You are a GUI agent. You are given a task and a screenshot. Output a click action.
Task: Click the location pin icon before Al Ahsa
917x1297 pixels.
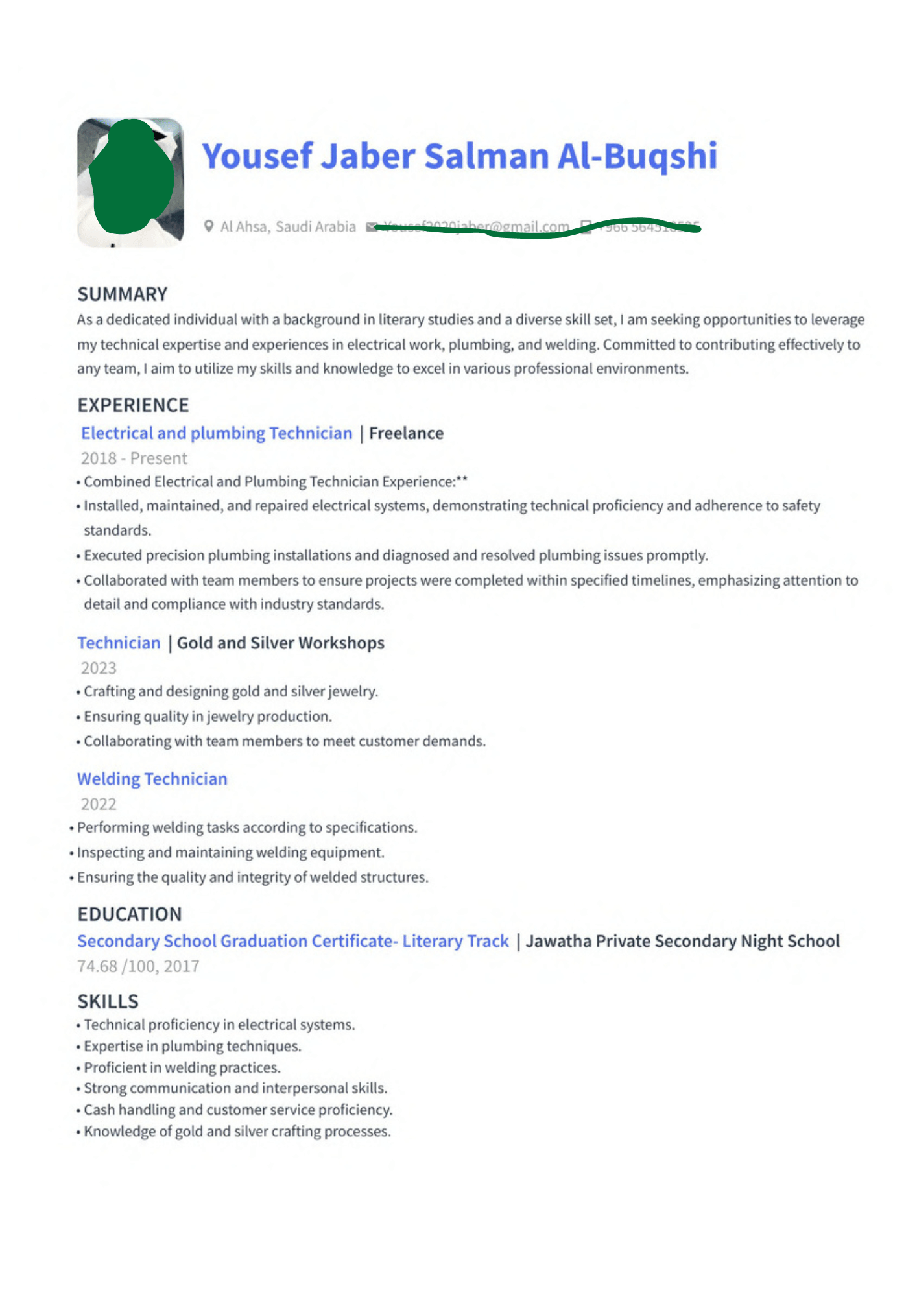[x=208, y=226]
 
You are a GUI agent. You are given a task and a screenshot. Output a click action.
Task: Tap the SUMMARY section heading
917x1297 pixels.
[x=123, y=294]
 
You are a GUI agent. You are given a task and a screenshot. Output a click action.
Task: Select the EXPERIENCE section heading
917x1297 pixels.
[x=133, y=405]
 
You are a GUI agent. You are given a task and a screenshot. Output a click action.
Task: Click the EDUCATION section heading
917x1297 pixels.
[x=130, y=914]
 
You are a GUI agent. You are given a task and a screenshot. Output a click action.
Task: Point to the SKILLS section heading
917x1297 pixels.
[x=108, y=1002]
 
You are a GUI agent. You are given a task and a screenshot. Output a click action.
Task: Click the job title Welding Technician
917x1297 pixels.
[x=152, y=779]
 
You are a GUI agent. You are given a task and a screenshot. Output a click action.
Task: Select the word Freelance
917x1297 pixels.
[x=406, y=433]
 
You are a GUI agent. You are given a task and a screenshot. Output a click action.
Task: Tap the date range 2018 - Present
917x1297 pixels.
[x=134, y=458]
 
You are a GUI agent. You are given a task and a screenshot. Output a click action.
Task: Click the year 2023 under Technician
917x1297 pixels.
[x=99, y=668]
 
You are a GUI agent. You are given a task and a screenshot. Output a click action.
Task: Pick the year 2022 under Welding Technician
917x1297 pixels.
[x=99, y=804]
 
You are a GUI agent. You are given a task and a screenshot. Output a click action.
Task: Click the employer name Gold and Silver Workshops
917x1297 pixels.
[x=280, y=643]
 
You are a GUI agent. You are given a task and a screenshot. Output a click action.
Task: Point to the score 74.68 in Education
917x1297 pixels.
[x=97, y=966]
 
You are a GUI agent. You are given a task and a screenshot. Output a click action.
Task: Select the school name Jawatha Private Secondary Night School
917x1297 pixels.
[x=682, y=941]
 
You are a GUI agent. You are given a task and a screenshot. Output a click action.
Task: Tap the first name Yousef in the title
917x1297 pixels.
[x=257, y=156]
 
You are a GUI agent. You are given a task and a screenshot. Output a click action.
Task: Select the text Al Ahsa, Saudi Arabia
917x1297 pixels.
[x=288, y=227]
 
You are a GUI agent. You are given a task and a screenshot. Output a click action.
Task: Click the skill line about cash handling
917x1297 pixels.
[x=238, y=1110]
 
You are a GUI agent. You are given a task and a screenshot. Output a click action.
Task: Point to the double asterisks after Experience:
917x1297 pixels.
[x=462, y=481]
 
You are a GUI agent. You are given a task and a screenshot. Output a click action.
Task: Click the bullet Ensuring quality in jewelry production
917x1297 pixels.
[x=208, y=717]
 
